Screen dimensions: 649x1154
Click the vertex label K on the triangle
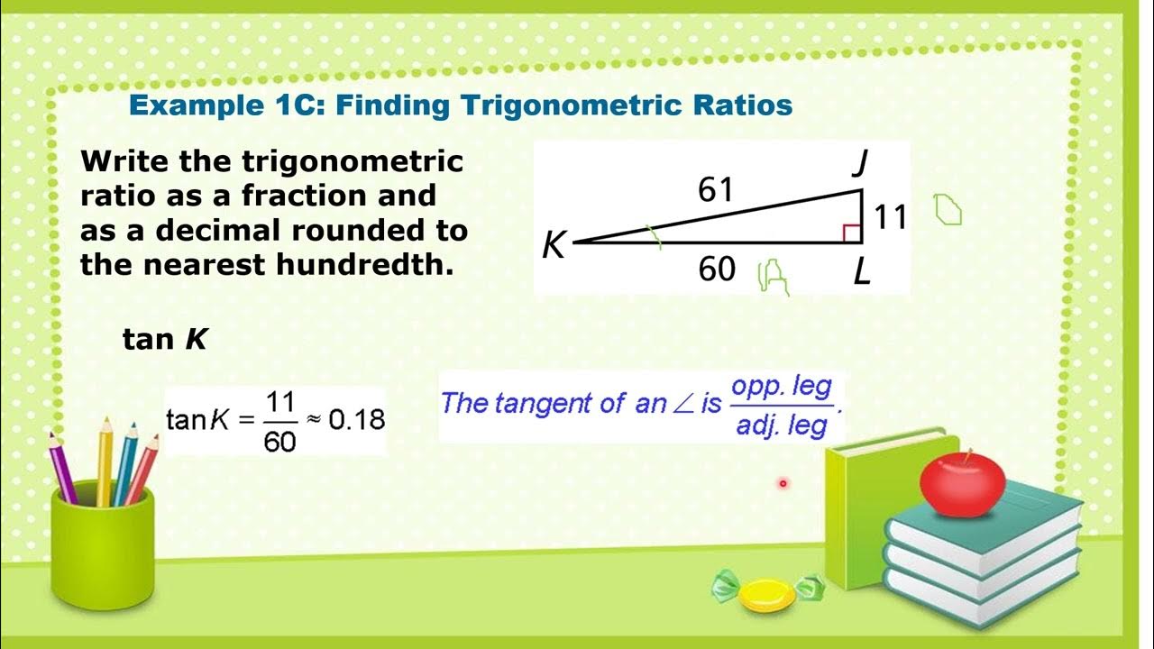[x=554, y=245]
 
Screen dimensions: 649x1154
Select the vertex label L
[x=861, y=271]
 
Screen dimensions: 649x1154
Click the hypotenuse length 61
[x=716, y=190]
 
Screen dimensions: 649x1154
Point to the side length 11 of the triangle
[x=891, y=217]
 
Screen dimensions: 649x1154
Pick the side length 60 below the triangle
[x=717, y=269]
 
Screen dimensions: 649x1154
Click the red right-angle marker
[x=851, y=233]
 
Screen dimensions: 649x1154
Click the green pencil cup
[x=100, y=550]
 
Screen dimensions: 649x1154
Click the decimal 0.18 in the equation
[x=356, y=419]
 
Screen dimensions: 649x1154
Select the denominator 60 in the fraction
[x=280, y=441]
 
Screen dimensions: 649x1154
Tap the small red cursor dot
[x=783, y=484]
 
